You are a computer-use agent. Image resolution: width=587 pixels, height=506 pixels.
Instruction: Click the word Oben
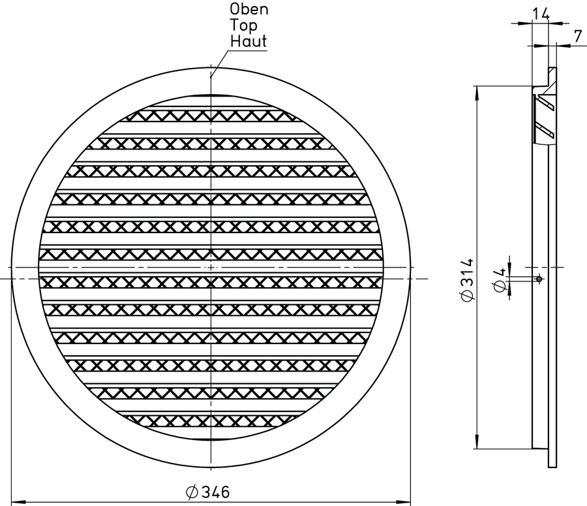249,9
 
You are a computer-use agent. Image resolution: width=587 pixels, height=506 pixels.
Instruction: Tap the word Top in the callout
244,25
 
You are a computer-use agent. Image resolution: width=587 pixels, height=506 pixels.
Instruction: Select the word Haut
248,41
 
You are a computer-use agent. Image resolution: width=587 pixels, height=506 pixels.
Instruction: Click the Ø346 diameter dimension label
207,492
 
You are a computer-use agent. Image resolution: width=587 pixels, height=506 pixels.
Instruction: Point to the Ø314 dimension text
467,279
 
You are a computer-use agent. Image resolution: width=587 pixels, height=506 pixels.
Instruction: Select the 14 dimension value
541,14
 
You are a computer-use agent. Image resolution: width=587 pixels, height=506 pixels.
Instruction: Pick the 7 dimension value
578,36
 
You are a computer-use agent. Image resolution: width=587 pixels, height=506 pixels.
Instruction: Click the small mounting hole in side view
539,279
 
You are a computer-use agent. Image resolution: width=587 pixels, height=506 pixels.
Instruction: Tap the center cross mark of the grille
211,267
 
